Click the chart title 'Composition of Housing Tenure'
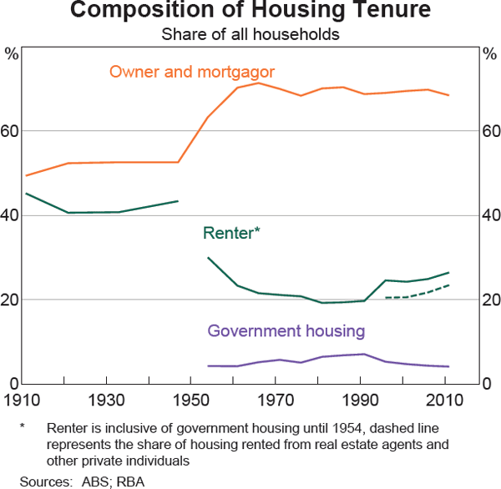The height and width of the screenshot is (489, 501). (x=250, y=12)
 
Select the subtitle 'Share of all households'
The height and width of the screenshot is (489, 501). (x=250, y=34)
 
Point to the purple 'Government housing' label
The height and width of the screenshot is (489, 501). (x=286, y=331)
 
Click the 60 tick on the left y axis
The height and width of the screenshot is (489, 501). (x=11, y=132)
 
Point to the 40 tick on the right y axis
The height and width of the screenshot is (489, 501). (x=490, y=216)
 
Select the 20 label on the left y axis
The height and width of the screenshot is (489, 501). (x=11, y=300)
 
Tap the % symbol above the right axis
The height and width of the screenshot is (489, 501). (x=490, y=55)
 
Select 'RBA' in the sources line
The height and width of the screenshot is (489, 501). (x=130, y=481)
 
